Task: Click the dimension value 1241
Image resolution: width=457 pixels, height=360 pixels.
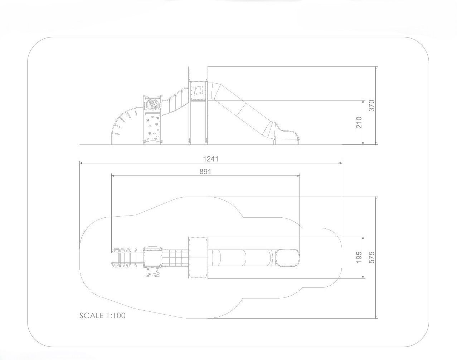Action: click(211, 159)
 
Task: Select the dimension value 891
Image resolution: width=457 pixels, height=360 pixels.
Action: click(205, 171)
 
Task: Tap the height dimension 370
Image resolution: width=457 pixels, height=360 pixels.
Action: click(371, 106)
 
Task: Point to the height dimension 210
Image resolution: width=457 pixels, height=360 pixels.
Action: click(359, 122)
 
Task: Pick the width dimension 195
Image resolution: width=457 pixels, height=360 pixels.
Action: click(359, 257)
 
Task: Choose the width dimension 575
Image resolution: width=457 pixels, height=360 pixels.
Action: click(371, 257)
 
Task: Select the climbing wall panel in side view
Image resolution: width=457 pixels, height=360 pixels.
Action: click(152, 127)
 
